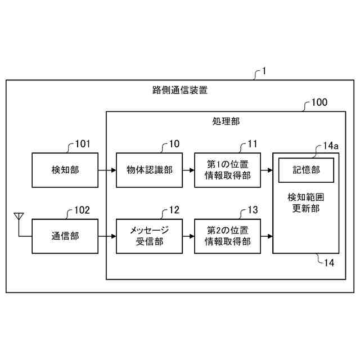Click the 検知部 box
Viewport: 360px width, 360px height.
point(65,170)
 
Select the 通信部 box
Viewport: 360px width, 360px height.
point(65,236)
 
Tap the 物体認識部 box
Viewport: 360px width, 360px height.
point(150,170)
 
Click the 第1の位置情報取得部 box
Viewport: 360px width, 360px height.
point(228,170)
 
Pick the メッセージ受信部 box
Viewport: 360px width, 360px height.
point(150,236)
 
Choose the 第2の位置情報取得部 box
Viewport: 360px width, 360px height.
point(228,236)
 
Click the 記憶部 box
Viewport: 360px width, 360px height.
point(306,169)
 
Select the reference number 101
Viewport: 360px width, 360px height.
point(82,144)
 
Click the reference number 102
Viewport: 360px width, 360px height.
point(82,211)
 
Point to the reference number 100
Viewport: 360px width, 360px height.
point(319,103)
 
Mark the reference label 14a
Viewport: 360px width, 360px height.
point(331,146)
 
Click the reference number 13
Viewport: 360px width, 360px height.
point(253,210)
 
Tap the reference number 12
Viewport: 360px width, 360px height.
point(174,210)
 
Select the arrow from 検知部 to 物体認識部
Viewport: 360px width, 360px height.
point(107,170)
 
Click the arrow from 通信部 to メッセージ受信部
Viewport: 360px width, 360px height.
point(107,236)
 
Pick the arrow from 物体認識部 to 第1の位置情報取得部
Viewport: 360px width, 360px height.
point(188,170)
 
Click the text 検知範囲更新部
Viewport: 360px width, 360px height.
point(306,203)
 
